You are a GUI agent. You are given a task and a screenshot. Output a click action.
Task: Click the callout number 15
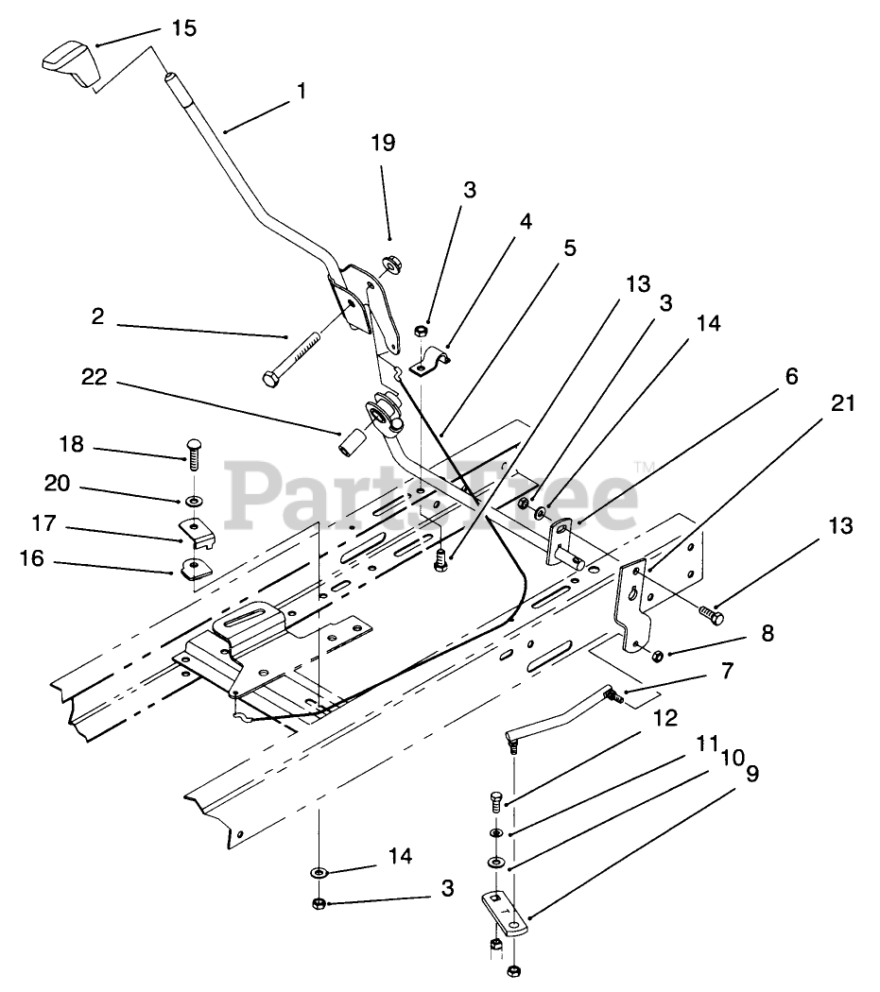click(x=184, y=28)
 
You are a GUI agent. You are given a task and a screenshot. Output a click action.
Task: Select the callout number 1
click(x=301, y=92)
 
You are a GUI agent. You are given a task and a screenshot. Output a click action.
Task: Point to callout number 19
click(x=383, y=144)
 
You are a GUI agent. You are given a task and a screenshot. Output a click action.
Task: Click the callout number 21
click(x=843, y=403)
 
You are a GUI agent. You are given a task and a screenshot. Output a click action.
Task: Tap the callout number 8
click(x=767, y=633)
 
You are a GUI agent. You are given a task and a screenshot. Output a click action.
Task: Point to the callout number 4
click(x=525, y=222)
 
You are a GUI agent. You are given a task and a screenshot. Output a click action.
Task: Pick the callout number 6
click(x=790, y=377)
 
